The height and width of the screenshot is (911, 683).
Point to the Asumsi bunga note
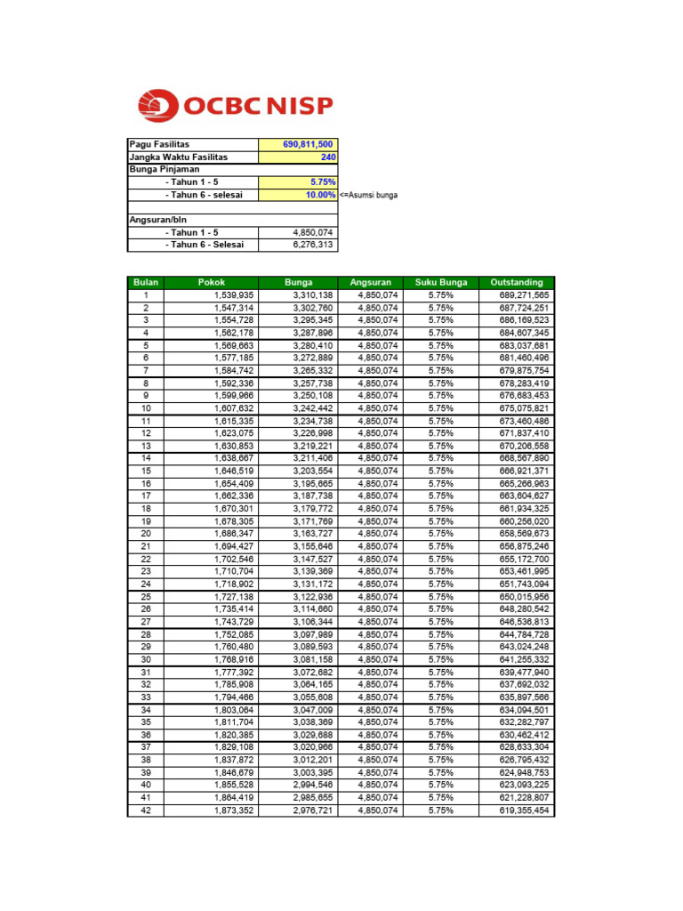point(368,195)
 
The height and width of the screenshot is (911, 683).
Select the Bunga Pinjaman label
point(165,169)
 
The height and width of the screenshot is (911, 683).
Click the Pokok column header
point(212,283)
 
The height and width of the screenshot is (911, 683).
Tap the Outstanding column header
point(516,283)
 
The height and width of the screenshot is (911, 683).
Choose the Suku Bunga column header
point(440,283)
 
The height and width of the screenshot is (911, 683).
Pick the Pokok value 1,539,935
point(234,295)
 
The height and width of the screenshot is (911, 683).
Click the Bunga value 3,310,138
point(312,295)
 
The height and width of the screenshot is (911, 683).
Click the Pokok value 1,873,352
point(234,811)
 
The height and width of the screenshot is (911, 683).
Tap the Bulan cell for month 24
point(146,584)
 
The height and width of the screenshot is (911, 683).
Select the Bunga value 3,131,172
point(312,584)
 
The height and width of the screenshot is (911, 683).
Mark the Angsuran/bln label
point(158,220)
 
